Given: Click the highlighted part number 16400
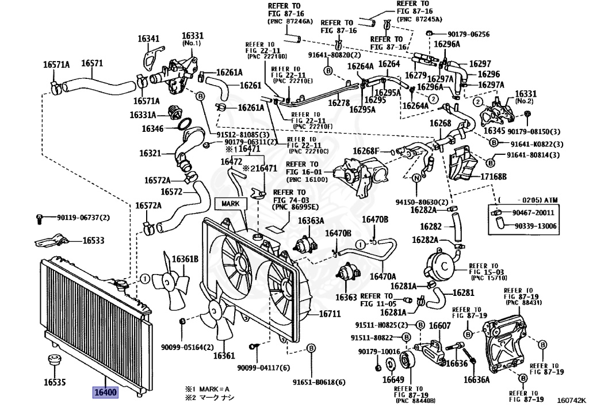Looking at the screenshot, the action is coord(105,393).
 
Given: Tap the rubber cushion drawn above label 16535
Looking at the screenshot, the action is coord(54,360).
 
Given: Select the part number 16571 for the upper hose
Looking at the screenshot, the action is coord(92,63).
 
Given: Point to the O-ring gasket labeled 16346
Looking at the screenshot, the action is coord(184,124).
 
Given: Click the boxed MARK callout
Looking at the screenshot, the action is coord(231,203).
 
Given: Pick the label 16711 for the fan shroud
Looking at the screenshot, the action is coord(330,313).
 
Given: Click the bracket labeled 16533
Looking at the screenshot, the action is coord(51,241).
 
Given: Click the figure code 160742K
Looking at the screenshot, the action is coord(571,400).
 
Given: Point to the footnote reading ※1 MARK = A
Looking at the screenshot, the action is coord(206,389).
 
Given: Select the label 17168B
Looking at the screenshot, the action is coord(493,176).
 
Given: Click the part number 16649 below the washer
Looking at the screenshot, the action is coord(393,379).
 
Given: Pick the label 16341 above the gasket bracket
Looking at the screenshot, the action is coord(148,38).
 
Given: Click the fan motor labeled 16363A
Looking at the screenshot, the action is coord(305,244).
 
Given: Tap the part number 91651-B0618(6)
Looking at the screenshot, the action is coord(319,382).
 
